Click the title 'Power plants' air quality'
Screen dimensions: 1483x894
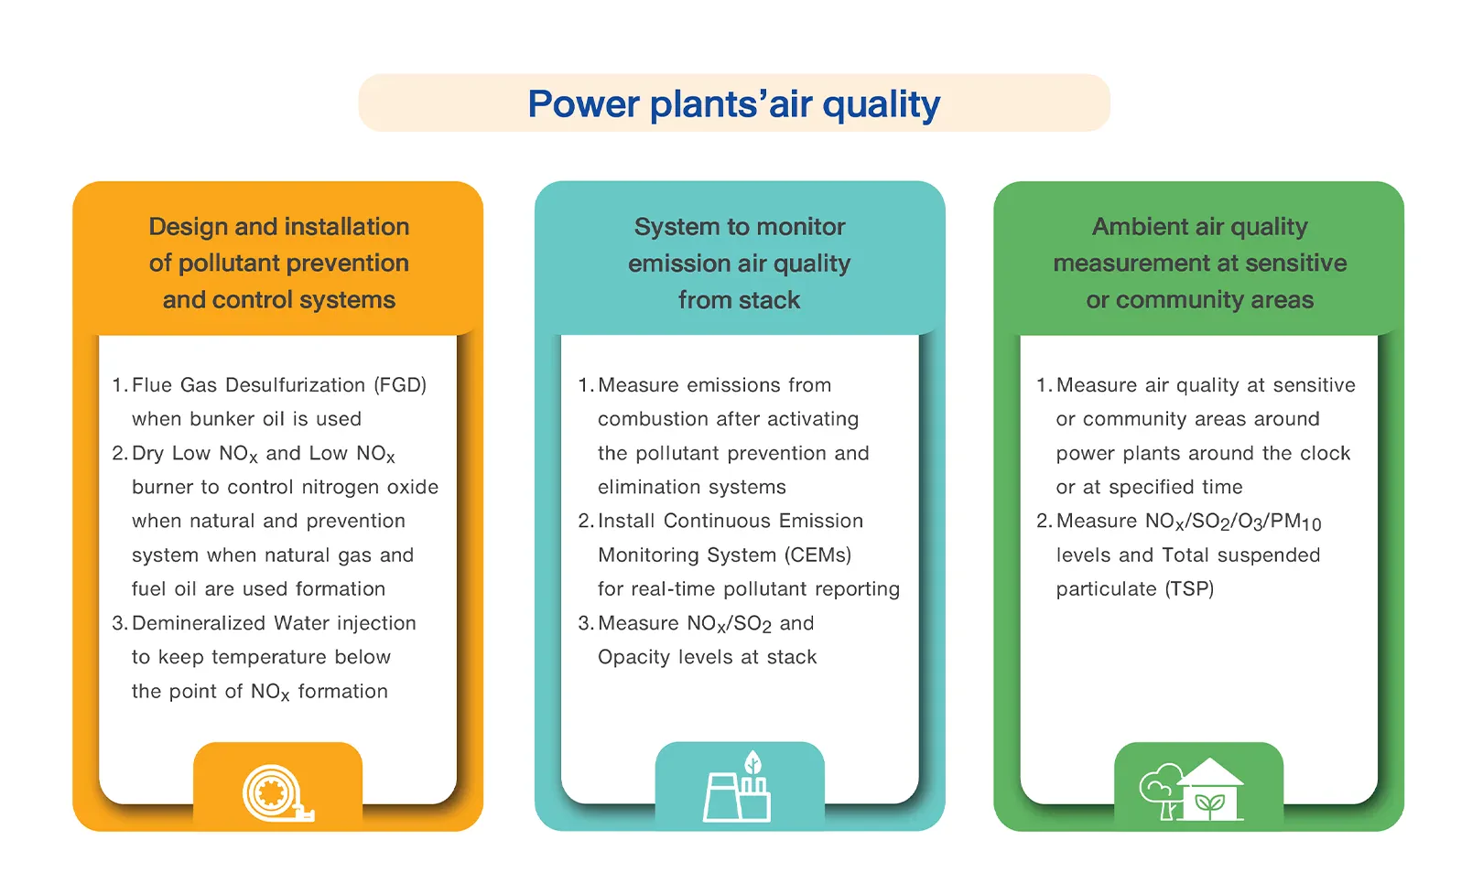pyautogui.click(x=733, y=104)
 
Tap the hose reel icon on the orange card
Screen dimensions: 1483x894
pyautogui.click(x=277, y=793)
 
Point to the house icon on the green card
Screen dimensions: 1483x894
pyautogui.click(x=1210, y=790)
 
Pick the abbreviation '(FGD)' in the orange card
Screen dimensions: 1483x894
pyautogui.click(x=400, y=385)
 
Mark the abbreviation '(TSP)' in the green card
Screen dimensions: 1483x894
pyautogui.click(x=1189, y=589)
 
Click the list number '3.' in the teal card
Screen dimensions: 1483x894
pyautogui.click(x=585, y=623)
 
